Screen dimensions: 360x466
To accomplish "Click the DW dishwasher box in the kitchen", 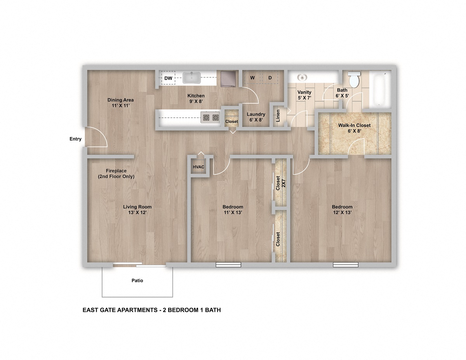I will click(168, 78).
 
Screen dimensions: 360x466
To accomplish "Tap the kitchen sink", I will click(191, 78).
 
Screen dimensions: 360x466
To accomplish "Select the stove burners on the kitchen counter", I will click(210, 117).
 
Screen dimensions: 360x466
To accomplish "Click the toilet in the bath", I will click(354, 80).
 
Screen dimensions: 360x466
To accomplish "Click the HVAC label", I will click(198, 167).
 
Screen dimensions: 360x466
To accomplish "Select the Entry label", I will click(75, 139).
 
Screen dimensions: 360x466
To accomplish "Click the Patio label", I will click(137, 280).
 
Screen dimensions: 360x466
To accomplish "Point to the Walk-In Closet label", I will click(354, 125).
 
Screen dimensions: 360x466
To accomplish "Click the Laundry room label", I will click(256, 114).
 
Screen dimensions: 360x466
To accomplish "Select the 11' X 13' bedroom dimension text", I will click(233, 212).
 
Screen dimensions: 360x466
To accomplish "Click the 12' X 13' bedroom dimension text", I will click(342, 212).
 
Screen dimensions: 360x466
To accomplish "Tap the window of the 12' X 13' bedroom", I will click(345, 265).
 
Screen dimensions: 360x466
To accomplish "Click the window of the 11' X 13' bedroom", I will click(228, 265).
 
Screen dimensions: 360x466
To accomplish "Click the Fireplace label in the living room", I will click(116, 171).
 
